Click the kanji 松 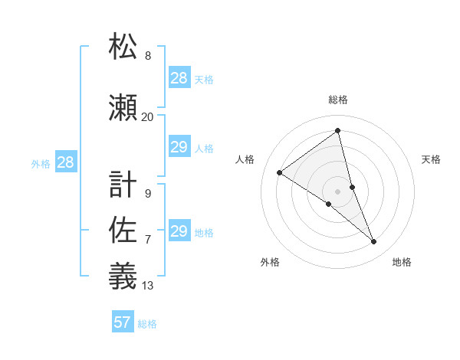[123, 47]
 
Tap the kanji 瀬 [123, 107]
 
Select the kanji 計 [123, 185]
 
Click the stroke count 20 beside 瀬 [147, 116]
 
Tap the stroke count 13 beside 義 [148, 286]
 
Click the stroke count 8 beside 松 [148, 56]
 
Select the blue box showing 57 [123, 322]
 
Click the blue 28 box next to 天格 [179, 78]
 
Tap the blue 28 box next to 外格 [65, 162]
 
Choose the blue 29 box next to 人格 [179, 147]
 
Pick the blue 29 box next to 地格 [179, 231]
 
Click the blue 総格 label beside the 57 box [147, 324]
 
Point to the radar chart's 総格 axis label [337, 100]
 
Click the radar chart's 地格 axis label [402, 262]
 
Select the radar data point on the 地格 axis [374, 241]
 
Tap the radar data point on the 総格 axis [337, 131]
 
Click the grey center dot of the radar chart [337, 191]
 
